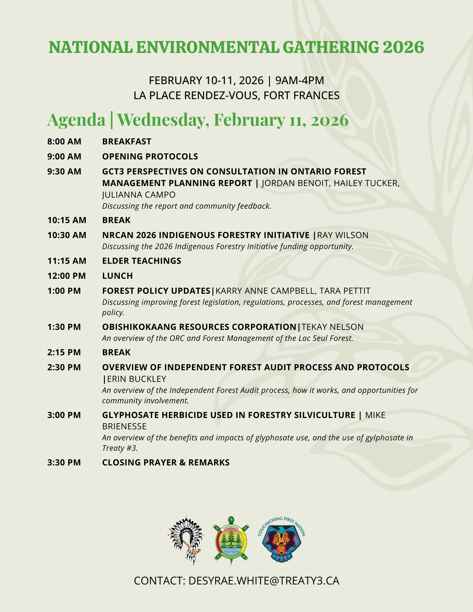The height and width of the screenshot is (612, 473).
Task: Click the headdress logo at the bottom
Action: click(x=185, y=541)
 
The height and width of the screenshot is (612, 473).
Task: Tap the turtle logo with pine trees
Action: click(x=231, y=541)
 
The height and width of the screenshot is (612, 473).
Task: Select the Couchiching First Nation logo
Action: click(x=282, y=541)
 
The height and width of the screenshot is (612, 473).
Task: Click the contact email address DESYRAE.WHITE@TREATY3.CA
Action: click(x=264, y=581)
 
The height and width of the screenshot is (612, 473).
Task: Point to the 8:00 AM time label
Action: click(x=64, y=141)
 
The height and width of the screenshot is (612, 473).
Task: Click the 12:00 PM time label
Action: click(x=66, y=276)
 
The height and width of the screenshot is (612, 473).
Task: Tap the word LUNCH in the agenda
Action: click(x=117, y=276)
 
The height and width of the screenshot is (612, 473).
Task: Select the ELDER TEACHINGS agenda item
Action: click(x=141, y=261)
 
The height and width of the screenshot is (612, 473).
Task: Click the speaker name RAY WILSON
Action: click(x=343, y=235)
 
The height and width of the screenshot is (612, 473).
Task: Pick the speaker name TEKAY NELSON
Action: click(x=332, y=327)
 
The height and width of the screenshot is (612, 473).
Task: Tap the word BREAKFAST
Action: click(x=127, y=141)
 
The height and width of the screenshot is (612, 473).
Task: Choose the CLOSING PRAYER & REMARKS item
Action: click(x=166, y=462)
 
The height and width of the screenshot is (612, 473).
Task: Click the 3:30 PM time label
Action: click(x=64, y=462)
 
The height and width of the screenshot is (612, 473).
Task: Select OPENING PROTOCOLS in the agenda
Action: click(x=150, y=156)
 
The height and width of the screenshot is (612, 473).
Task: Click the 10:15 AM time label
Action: click(x=67, y=220)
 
